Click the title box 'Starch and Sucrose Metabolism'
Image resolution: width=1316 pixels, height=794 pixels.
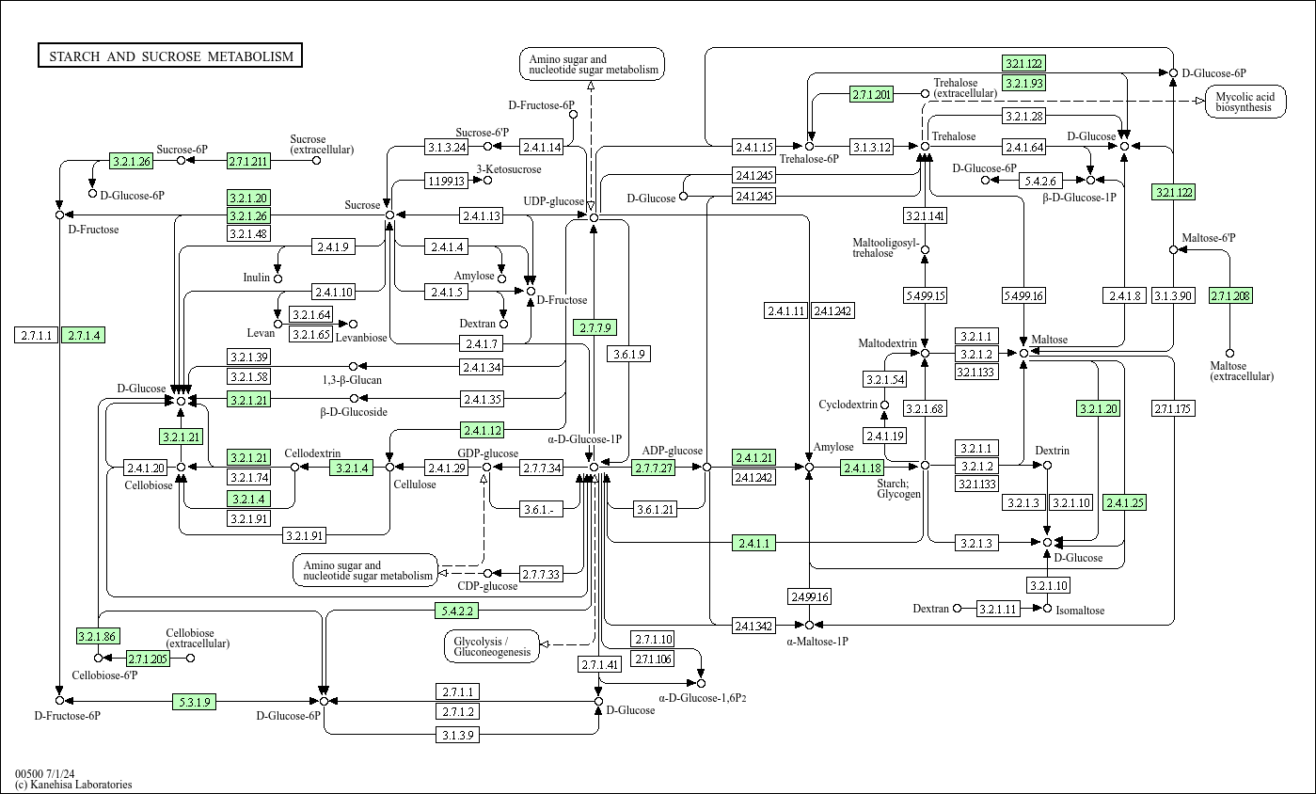[x=170, y=56]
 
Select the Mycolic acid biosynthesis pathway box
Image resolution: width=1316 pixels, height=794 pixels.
[x=1245, y=102]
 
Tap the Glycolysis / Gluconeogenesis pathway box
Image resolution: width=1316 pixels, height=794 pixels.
[x=492, y=645]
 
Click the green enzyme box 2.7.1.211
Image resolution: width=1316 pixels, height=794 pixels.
[x=248, y=161]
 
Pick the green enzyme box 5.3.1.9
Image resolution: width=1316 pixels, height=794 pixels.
[x=194, y=701]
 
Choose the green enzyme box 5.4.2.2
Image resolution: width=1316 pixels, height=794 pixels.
[x=457, y=611]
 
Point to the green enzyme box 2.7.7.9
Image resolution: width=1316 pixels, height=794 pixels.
[x=595, y=327]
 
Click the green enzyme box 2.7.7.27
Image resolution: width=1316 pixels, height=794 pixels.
[x=654, y=468]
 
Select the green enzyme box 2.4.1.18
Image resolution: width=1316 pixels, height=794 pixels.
[x=862, y=468]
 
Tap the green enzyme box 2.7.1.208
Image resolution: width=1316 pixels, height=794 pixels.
[x=1230, y=296]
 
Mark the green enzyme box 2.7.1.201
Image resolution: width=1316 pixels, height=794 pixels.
[x=871, y=94]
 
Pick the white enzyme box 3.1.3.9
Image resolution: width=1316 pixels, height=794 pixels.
[x=458, y=735]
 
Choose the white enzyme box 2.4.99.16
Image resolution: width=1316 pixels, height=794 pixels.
[x=809, y=596]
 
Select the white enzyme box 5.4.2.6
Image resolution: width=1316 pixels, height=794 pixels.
[x=1041, y=181]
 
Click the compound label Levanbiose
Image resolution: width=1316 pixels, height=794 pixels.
[x=361, y=337]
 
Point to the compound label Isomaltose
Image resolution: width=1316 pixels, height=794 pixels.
[x=1080, y=611]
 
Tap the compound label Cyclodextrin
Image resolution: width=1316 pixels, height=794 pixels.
[x=848, y=405]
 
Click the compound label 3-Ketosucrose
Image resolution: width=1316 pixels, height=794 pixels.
[x=509, y=169]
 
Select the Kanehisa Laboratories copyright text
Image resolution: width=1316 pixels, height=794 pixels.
[x=73, y=785]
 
